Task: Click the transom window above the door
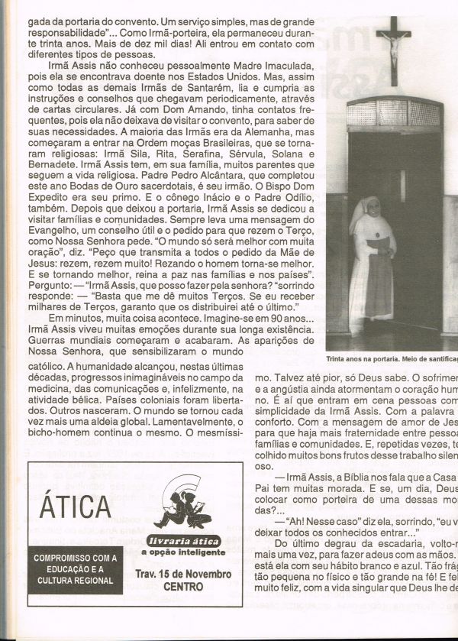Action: [394, 113]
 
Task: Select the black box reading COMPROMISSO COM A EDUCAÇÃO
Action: [75, 568]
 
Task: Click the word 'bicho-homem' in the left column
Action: [59, 432]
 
